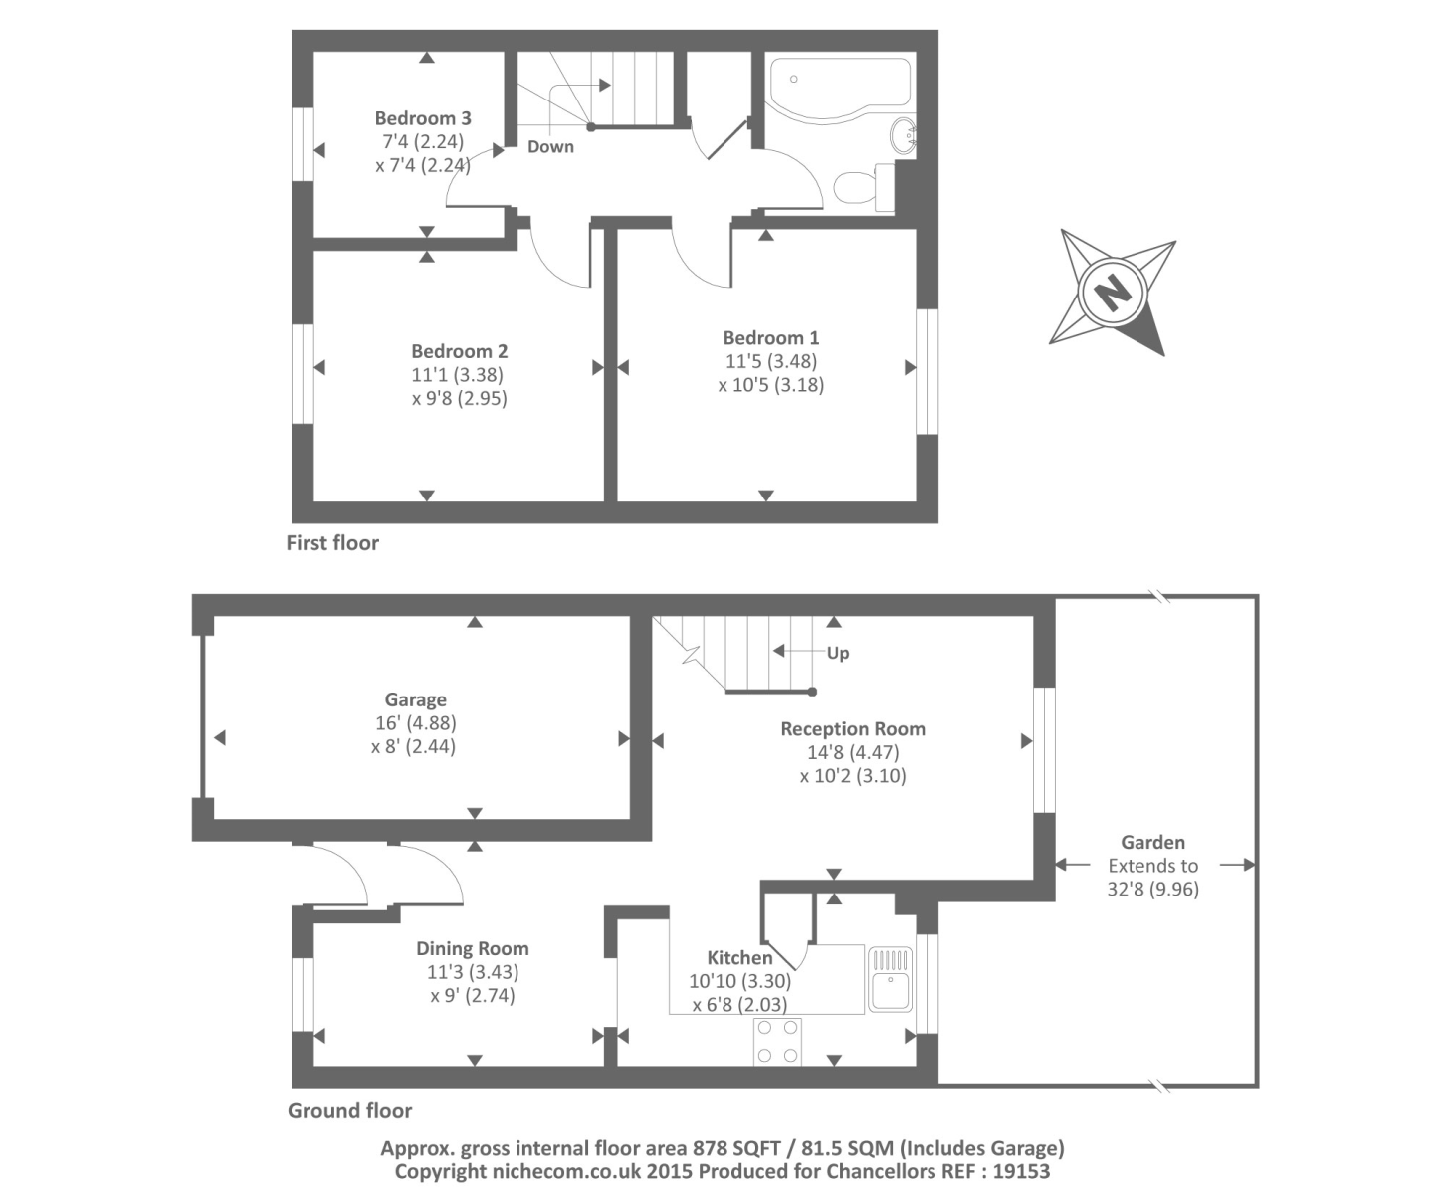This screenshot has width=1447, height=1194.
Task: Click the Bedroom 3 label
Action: click(423, 118)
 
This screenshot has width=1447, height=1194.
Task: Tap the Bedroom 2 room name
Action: click(459, 351)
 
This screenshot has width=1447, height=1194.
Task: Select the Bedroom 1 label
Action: click(770, 338)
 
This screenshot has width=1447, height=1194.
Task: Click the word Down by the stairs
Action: click(550, 147)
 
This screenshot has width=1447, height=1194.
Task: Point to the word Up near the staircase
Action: click(838, 654)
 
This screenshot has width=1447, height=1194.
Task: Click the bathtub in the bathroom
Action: click(839, 84)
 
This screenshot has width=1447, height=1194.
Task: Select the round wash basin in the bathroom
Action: click(904, 136)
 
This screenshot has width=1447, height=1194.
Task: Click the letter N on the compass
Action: click(1113, 293)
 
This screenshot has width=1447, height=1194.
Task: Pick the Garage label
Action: click(415, 699)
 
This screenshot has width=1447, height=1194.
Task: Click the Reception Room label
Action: click(852, 729)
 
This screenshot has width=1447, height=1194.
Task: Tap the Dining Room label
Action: click(472, 949)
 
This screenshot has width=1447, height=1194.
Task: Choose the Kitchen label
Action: click(739, 958)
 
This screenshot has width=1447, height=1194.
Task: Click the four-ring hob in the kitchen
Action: click(777, 1041)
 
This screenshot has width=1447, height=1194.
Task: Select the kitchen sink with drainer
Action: click(890, 979)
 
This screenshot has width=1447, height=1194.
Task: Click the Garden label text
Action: click(1152, 842)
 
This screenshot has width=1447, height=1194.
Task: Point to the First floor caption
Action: click(332, 543)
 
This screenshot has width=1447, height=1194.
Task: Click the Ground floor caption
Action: click(349, 1110)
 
